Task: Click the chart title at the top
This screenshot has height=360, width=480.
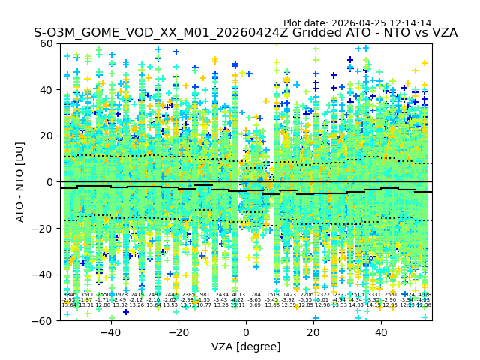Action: (x=245, y=33)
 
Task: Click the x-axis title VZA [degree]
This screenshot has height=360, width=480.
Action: (x=245, y=346)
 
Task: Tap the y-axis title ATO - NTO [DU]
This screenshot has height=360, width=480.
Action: (x=20, y=182)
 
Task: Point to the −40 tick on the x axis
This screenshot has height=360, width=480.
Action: (x=109, y=332)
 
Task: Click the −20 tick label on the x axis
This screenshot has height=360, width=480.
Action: (x=178, y=332)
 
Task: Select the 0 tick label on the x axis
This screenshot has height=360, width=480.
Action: (x=246, y=332)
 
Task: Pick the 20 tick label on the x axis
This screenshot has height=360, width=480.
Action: (x=313, y=332)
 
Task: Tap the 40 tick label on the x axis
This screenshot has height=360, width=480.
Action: (x=381, y=332)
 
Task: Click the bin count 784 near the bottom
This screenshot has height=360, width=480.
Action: (x=256, y=295)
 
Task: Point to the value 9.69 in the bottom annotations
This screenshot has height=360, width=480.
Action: (x=256, y=305)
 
